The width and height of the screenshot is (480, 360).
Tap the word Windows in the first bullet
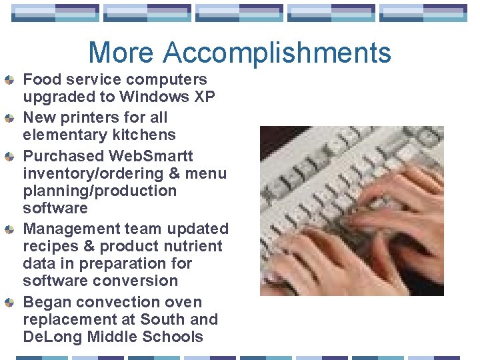tap(151, 97)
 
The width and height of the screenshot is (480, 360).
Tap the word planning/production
tap(100, 191)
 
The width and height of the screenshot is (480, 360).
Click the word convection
tap(115, 302)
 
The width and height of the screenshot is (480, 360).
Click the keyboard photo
tap(351, 211)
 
